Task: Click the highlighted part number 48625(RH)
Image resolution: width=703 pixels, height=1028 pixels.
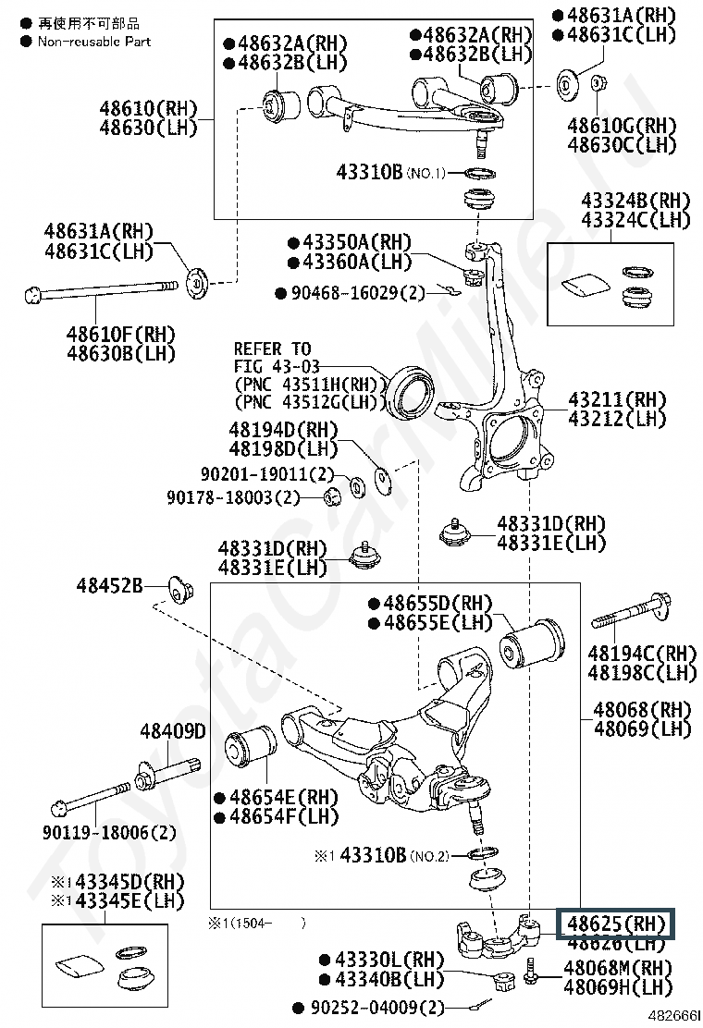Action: pos(616,924)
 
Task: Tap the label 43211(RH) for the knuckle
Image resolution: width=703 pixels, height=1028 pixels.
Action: pos(616,399)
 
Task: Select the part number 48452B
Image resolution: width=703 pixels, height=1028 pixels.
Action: pos(109,585)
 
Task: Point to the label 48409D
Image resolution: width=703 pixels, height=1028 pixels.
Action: pos(172,730)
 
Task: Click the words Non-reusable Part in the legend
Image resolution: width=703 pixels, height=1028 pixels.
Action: pos(93,42)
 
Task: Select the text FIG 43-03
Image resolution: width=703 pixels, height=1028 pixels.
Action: pos(277,366)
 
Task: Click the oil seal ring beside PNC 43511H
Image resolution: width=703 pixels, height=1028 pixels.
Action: pos(409,391)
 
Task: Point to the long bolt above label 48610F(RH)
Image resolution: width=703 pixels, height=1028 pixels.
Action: pos(101,290)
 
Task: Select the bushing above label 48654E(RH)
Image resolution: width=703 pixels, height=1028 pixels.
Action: pos(251,750)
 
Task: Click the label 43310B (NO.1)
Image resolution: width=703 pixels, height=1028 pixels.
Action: pos(391,173)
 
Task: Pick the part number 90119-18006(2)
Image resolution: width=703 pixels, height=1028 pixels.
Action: pos(109,832)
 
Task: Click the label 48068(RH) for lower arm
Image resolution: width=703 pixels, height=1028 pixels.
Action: pos(642,709)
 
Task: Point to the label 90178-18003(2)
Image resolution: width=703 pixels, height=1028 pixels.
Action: pos(233,497)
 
